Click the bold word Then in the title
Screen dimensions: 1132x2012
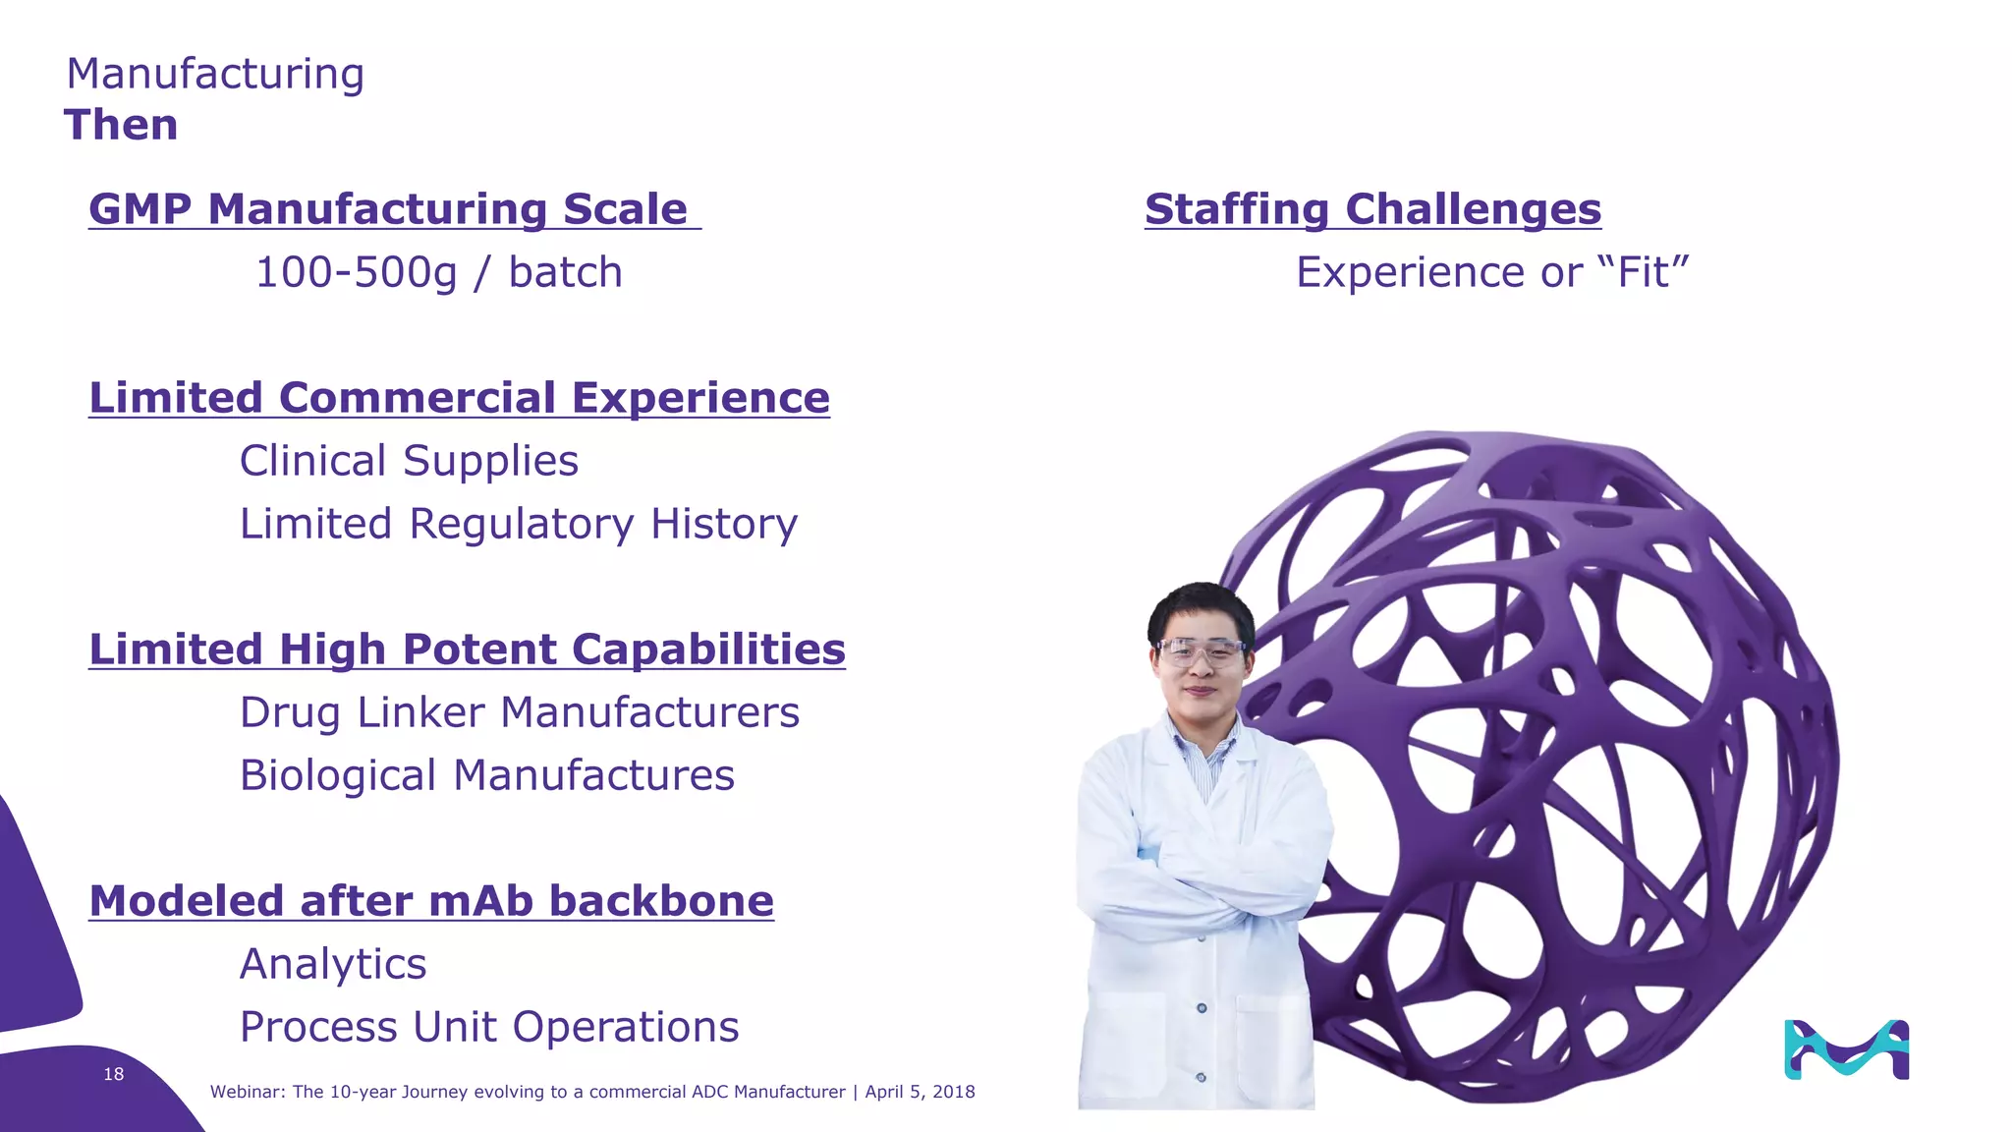point(121,126)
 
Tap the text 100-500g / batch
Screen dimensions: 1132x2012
point(438,272)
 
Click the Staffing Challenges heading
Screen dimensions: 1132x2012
point(1372,209)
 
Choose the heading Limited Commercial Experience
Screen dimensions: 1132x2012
point(459,398)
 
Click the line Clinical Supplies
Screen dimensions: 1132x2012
point(409,461)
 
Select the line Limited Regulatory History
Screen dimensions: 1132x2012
point(519,524)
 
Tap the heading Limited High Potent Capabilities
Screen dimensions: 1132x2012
point(467,650)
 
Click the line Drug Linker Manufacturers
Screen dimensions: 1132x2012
point(519,712)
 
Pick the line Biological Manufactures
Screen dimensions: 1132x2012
point(486,775)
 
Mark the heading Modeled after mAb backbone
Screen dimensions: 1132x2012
point(431,901)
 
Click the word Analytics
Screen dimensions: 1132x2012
point(333,964)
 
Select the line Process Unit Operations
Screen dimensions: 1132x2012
point(488,1027)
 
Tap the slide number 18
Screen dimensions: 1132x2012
point(114,1074)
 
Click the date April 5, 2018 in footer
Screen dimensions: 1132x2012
point(920,1092)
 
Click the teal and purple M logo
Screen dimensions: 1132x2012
point(1846,1049)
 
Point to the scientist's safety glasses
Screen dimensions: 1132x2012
point(1200,651)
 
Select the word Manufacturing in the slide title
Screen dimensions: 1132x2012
point(215,74)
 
